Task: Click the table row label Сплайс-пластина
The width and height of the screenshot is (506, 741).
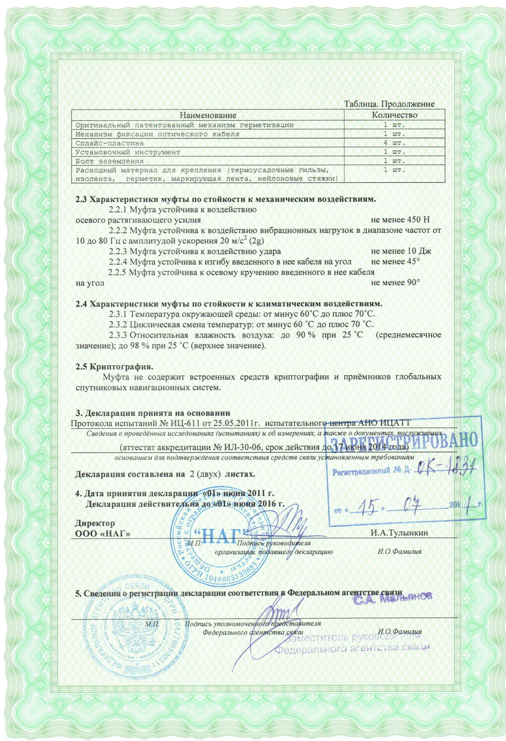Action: point(110,143)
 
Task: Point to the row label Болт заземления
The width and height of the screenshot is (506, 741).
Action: point(110,161)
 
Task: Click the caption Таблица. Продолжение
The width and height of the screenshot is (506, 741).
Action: point(389,104)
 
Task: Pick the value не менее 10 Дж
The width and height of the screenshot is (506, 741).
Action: point(401,251)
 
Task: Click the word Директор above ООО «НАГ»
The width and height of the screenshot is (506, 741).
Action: point(95,523)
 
